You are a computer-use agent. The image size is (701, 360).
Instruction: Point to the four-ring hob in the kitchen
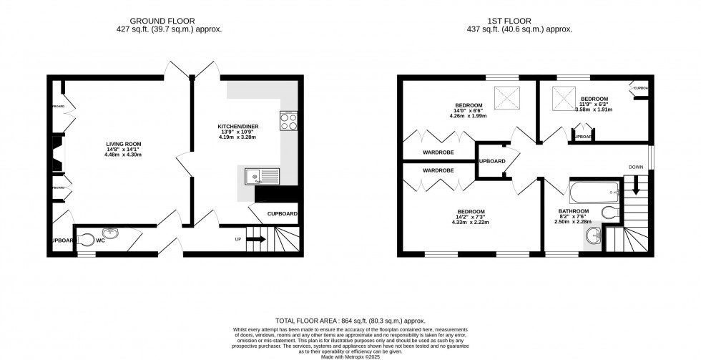click(x=289, y=122)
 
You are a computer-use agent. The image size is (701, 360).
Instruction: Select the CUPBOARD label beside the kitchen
click(x=282, y=214)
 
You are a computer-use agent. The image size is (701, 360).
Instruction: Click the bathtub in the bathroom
click(x=594, y=191)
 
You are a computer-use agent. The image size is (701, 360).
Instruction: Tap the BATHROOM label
click(x=574, y=211)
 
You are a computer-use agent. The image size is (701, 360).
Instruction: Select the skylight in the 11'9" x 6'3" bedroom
click(x=561, y=95)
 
